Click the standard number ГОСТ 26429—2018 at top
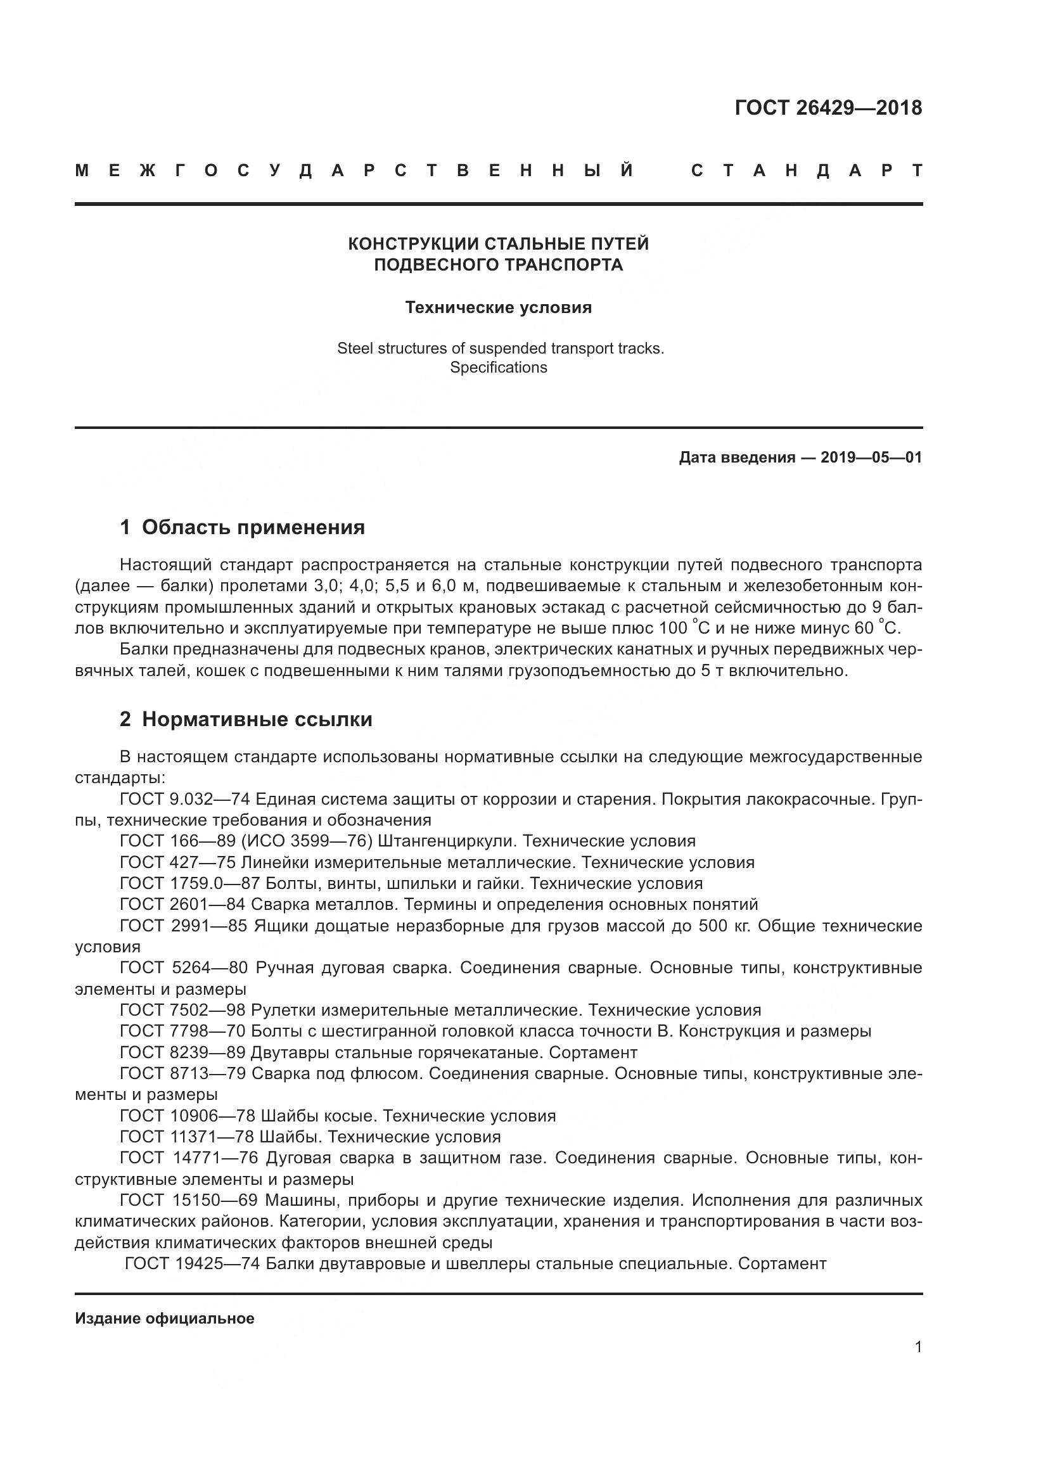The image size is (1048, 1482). coord(828,108)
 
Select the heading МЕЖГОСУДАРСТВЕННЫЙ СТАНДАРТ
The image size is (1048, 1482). coord(498,171)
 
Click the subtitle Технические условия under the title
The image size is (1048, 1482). coord(498,308)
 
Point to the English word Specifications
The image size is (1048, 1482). coord(498,368)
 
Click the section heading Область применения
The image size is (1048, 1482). coord(253,527)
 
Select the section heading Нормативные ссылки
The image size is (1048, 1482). coord(257,719)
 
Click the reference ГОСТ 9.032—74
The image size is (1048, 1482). coord(184,799)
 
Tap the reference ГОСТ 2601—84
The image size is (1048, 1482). coord(182,904)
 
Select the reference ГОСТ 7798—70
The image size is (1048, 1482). coord(182,1031)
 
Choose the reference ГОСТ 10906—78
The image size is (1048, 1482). coord(186,1115)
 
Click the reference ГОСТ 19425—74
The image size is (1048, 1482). coord(191,1263)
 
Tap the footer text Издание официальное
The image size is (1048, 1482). coord(165,1319)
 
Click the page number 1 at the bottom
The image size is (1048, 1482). coord(917,1347)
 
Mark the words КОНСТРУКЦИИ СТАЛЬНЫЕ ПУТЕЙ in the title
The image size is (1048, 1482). coord(498,244)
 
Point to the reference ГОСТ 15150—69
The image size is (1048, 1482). coord(188,1200)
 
